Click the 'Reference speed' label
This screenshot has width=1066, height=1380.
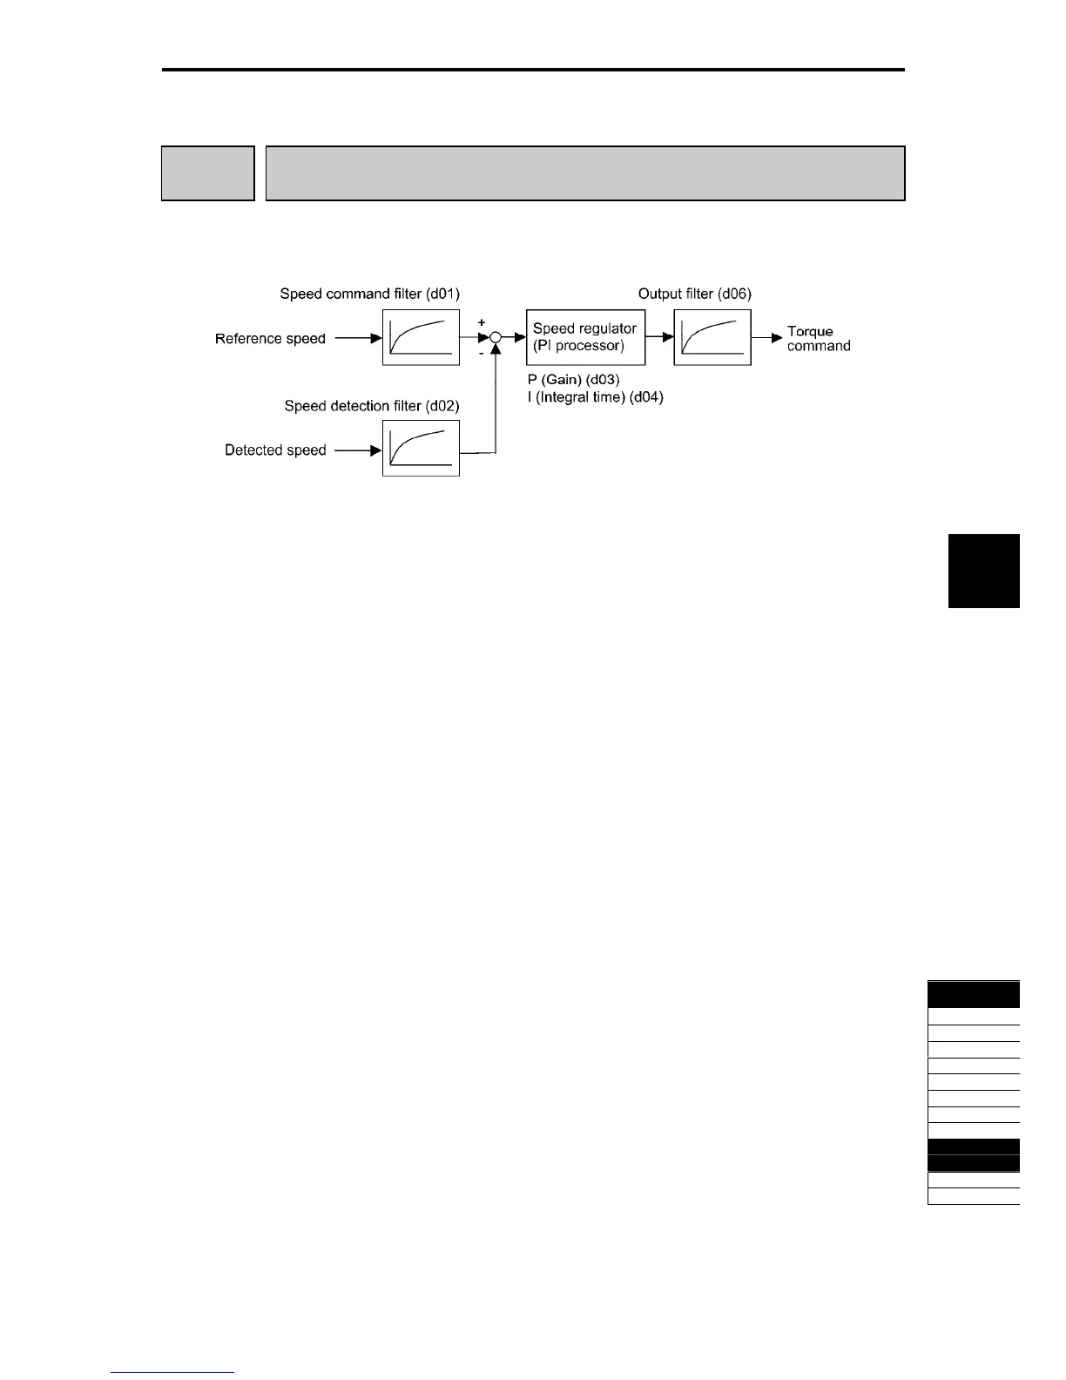click(270, 339)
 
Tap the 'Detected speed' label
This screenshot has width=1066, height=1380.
click(275, 450)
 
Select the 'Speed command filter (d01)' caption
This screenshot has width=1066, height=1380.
click(369, 294)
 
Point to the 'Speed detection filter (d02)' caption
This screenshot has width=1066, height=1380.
click(372, 406)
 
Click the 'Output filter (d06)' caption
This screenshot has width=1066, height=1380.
click(694, 294)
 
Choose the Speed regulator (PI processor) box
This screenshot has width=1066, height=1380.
click(585, 337)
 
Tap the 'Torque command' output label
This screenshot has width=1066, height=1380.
click(818, 339)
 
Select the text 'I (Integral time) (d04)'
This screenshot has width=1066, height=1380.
click(595, 398)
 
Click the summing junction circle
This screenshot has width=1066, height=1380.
click(496, 338)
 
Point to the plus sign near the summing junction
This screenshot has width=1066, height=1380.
click(482, 322)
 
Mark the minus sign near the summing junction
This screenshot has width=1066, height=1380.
click(482, 354)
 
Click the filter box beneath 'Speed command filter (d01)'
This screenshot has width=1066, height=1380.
click(421, 337)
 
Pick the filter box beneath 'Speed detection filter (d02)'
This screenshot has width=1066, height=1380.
click(421, 449)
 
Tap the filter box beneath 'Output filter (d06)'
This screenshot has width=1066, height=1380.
click(712, 337)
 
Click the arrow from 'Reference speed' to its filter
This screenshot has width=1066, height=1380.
click(358, 338)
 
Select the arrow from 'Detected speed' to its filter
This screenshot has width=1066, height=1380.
click(358, 450)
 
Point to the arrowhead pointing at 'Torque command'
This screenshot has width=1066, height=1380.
click(777, 338)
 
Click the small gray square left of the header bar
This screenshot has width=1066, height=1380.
click(207, 173)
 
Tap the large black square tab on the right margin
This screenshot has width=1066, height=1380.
click(983, 571)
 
